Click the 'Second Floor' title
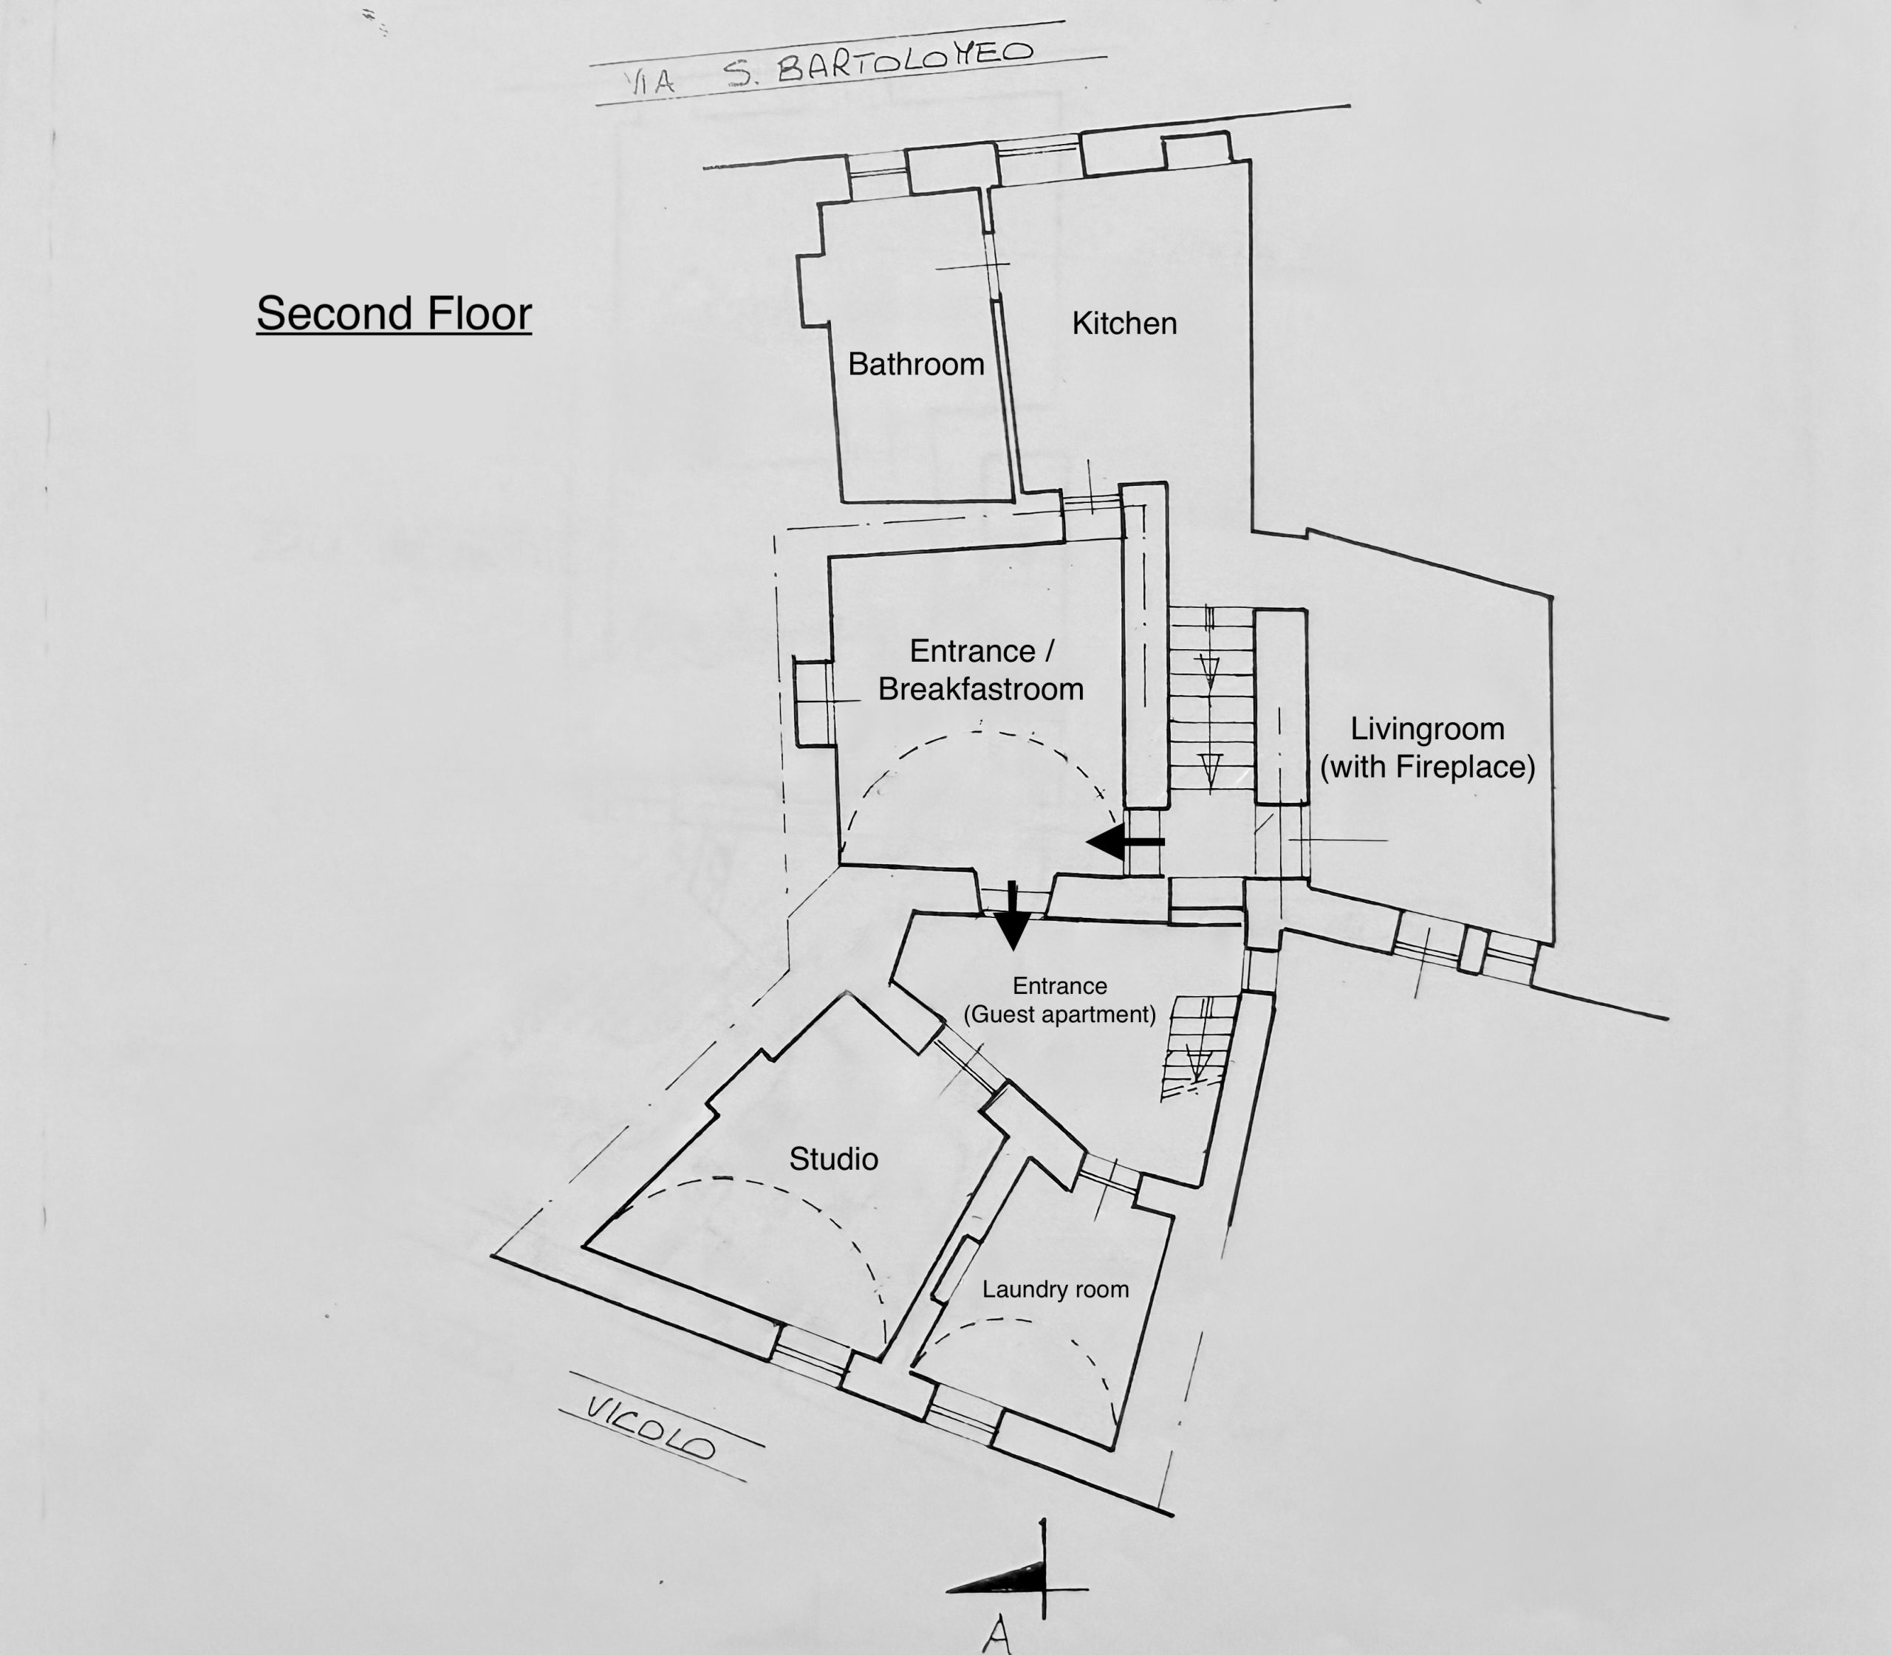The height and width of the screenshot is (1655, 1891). (x=394, y=314)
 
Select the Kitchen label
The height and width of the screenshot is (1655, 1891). (x=1124, y=323)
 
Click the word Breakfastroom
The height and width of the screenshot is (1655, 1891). (x=980, y=689)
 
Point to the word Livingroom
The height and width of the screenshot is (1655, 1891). (x=1427, y=730)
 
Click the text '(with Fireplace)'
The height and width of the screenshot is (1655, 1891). (x=1427, y=767)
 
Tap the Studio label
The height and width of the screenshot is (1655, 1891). (x=833, y=1159)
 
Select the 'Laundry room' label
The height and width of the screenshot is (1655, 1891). (x=1055, y=1289)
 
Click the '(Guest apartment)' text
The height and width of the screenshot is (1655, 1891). (x=1059, y=1015)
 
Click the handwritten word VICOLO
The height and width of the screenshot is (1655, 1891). (x=652, y=1428)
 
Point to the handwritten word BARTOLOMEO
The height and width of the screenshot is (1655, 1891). (x=904, y=60)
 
